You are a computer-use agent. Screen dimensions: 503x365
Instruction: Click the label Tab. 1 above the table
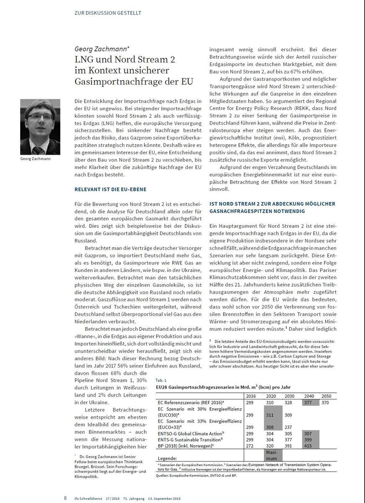[161, 380]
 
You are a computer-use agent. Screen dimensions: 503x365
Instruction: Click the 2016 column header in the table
[251, 396]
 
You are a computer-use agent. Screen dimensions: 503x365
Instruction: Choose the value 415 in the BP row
[308, 446]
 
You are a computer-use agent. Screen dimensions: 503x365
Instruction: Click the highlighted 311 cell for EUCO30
[270, 415]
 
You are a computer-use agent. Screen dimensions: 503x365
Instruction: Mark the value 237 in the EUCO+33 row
[289, 427]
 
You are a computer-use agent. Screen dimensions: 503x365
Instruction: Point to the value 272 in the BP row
[251, 446]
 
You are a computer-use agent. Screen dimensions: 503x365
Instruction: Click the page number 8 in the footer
[65, 498]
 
